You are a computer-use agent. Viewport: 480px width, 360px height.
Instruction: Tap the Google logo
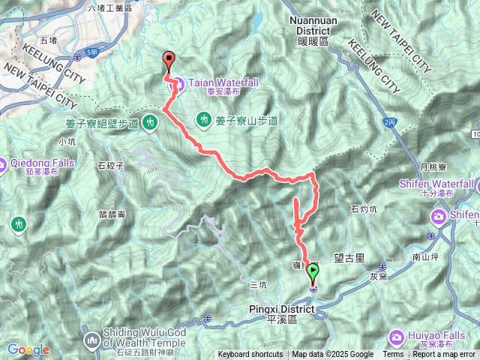coord(28,349)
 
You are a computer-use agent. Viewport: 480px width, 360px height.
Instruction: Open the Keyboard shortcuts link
coord(250,355)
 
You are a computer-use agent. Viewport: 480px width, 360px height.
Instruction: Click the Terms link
coord(393,355)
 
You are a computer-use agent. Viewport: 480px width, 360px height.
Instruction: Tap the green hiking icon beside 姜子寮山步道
coord(203,119)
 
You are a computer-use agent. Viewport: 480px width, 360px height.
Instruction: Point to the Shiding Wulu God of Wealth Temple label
coord(139,345)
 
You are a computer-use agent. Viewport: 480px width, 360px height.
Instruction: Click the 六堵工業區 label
coord(109,7)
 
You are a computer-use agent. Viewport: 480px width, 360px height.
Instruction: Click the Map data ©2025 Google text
coord(332,355)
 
